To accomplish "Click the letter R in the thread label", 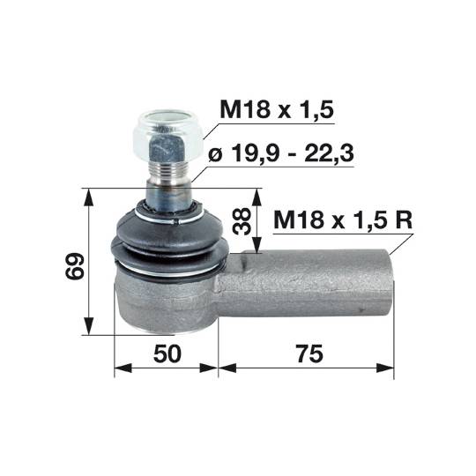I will pos(403,220).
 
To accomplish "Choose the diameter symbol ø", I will pos(215,155).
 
